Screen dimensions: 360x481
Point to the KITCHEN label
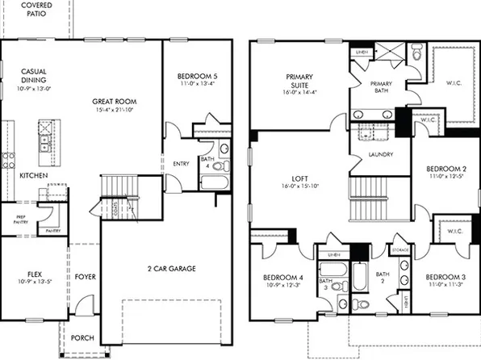(x=33, y=175)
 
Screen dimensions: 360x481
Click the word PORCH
(x=82, y=338)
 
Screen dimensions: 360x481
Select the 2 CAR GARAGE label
(x=170, y=268)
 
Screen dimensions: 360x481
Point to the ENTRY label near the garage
(x=181, y=164)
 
